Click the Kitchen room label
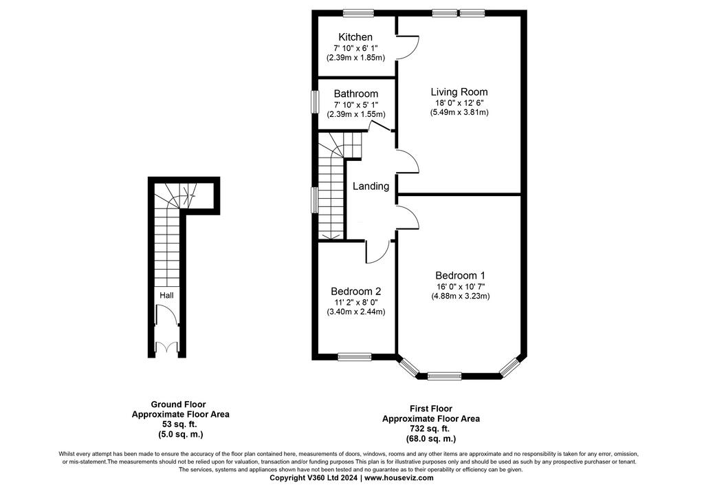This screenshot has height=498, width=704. click(355, 37)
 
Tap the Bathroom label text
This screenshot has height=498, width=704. click(355, 94)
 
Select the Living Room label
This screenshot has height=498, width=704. click(459, 92)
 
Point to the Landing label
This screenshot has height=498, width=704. click(371, 186)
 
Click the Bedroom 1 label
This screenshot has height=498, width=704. click(460, 275)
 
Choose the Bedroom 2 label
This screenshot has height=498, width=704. click(355, 292)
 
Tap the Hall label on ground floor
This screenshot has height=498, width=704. click(166, 296)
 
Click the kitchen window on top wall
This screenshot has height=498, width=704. click(358, 13)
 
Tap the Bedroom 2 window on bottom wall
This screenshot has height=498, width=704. click(355, 357)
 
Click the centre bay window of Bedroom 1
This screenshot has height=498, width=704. click(444, 376)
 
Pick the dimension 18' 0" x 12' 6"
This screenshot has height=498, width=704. click(459, 103)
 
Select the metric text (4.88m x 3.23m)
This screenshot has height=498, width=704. click(460, 296)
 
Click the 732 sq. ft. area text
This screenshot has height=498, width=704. click(430, 429)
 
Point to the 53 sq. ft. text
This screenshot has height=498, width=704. click(179, 424)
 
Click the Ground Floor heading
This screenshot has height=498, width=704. click(178, 404)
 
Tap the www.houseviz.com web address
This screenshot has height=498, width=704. click(399, 478)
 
